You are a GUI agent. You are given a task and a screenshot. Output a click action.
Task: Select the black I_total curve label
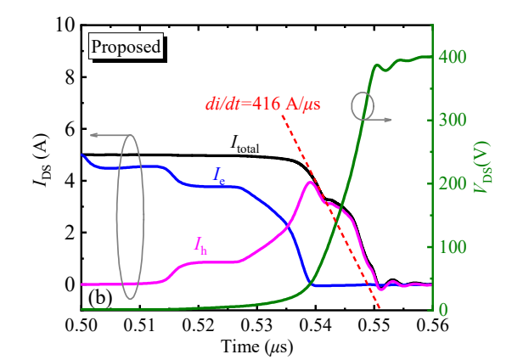point(245,143)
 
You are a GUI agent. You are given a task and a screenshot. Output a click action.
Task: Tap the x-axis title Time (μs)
point(258,346)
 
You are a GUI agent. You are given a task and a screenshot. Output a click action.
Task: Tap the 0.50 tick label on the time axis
point(82,324)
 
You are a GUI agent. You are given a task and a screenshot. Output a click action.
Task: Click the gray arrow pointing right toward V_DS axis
point(382,121)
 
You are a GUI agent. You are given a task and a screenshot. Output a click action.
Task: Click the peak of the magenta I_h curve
point(309,182)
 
